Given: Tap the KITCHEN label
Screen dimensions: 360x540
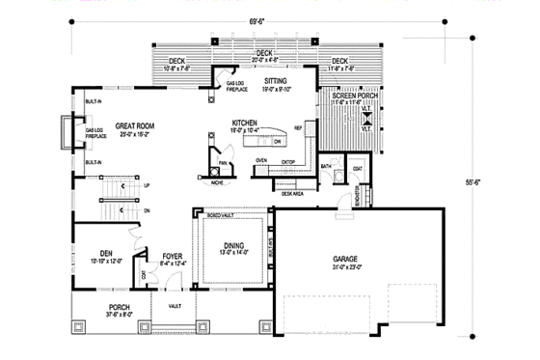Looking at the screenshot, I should coord(244,123).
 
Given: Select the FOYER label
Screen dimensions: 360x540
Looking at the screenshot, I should coord(172,256).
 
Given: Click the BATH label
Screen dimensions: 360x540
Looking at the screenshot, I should coord(326,166).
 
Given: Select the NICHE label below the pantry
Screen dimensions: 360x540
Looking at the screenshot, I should coord(218,180).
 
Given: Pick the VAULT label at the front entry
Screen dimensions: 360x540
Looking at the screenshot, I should coord(174,305).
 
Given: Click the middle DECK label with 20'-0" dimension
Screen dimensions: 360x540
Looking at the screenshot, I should coord(264,53).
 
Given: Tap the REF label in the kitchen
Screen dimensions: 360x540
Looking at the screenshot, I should coord(298,126).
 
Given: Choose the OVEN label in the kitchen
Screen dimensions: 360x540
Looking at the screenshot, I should coord(260,159).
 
